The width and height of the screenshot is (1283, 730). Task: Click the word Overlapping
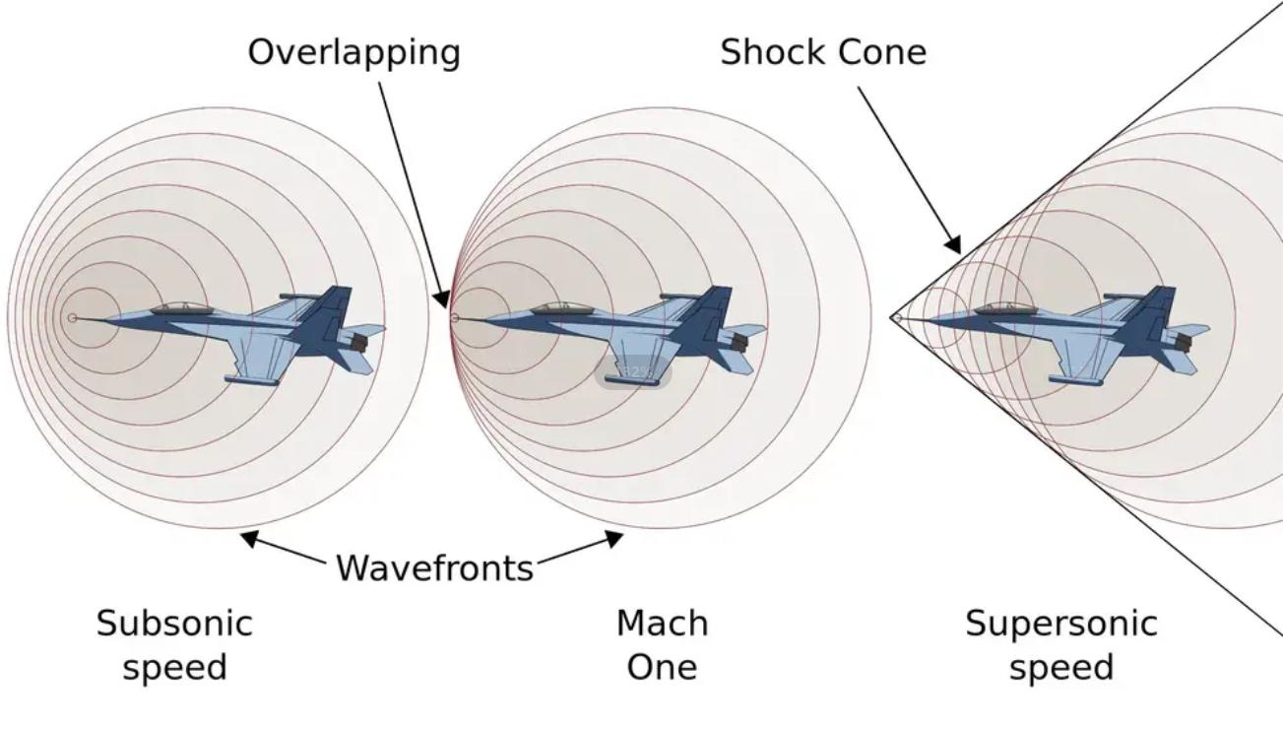click(353, 52)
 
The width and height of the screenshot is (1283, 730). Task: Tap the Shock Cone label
click(823, 52)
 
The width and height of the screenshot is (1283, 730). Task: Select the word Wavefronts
click(434, 567)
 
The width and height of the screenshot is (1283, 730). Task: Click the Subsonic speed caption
click(174, 644)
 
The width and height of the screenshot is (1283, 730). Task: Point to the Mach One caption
click(662, 644)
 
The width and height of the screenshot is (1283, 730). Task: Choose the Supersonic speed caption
click(1060, 644)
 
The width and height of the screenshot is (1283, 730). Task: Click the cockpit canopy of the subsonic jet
click(180, 308)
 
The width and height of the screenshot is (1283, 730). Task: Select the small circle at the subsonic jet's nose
click(72, 318)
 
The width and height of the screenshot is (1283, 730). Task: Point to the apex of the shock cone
click(894, 318)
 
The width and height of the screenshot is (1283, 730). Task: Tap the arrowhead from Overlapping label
click(443, 299)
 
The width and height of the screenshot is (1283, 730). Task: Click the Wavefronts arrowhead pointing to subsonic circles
click(250, 537)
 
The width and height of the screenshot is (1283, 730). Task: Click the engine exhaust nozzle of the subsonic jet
click(359, 342)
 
